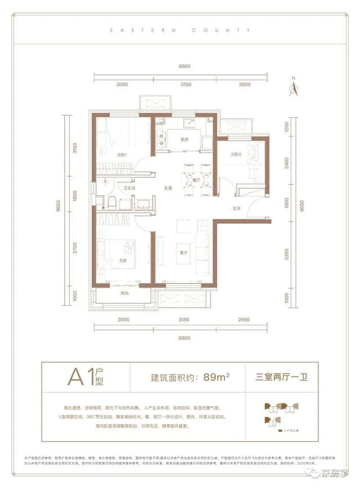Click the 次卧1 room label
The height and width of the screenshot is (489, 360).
pos(123,155)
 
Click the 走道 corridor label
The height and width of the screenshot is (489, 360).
pos(168,189)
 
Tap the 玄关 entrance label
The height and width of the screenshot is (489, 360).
pos(237,209)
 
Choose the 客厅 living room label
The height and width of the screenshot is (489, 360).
pos(184,253)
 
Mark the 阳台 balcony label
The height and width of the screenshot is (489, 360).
pos(125,293)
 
